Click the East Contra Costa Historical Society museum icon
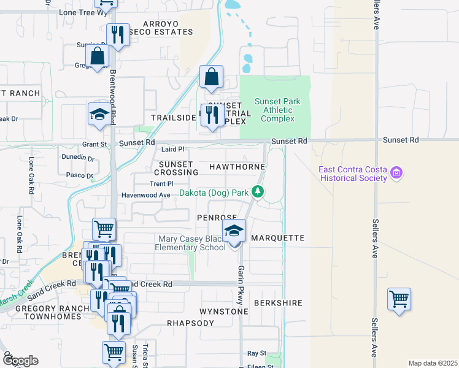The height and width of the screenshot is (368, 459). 397,173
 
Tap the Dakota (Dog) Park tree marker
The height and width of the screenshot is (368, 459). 258,193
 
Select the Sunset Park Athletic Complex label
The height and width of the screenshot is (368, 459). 274,110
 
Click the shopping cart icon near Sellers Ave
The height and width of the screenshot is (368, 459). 399,300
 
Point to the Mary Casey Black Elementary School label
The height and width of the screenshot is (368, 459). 192,243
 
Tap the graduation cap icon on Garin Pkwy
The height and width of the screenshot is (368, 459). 234,232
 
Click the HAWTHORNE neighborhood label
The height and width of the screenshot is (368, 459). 237,167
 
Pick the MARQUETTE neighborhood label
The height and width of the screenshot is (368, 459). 278,237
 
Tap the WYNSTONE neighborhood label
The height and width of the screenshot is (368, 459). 223,312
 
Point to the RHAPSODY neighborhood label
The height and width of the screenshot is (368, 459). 191,323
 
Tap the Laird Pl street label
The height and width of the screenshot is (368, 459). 172,149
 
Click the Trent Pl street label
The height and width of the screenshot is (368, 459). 161,183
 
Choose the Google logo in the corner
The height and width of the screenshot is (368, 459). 20,361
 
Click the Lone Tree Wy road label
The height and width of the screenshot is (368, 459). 80,12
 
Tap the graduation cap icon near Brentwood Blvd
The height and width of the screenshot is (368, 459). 99,115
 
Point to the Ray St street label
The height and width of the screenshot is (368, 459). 256,353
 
